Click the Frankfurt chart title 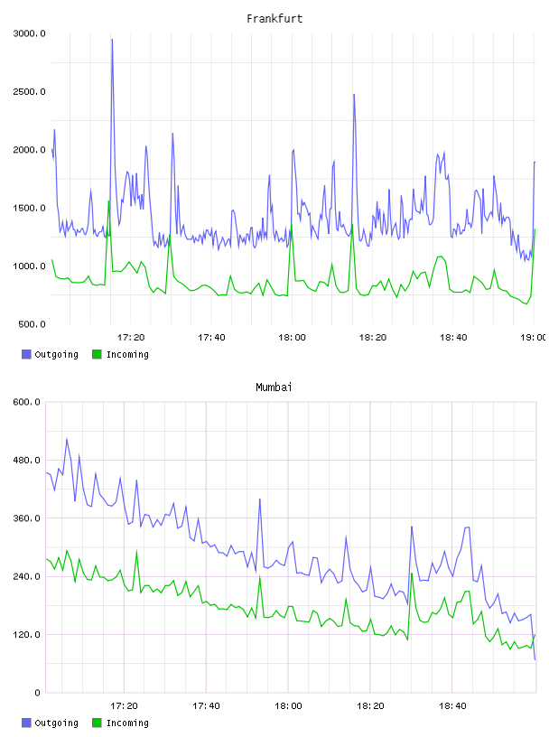pos(274,18)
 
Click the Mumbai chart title pos(274,387)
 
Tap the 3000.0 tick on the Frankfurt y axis pos(29,33)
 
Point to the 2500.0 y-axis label pos(29,91)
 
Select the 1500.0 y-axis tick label pos(29,208)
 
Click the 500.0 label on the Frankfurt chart pos(32,324)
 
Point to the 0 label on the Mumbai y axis pos(37,693)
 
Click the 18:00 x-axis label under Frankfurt pos(292,337)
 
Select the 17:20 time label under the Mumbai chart pos(124,705)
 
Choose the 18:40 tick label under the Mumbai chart pos(452,705)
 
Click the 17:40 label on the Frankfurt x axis pos(211,337)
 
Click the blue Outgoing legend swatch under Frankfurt pos(26,354)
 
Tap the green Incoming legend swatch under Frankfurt pos(97,354)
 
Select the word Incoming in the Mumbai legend pos(127,723)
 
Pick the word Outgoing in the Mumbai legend pos(56,723)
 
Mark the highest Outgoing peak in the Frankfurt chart pos(112,40)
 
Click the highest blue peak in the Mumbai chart pos(67,439)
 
